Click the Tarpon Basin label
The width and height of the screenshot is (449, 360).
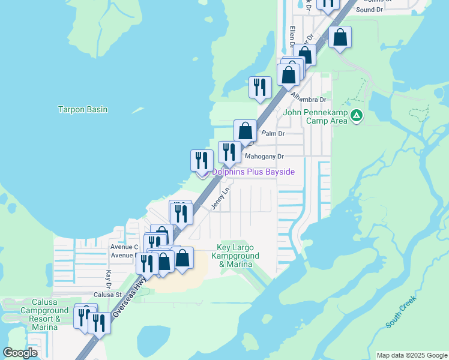pos(83,109)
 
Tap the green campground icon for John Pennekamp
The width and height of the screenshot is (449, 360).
pos(357,115)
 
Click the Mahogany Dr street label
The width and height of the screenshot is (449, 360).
pos(264,157)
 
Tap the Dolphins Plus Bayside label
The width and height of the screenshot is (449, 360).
pos(253,172)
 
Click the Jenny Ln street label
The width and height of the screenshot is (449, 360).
pos(221,199)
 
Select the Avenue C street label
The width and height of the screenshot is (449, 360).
pos(124,247)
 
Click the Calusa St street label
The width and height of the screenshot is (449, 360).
pos(107,295)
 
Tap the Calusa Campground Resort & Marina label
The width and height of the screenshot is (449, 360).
pos(41,314)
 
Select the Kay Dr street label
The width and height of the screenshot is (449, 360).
pos(109,278)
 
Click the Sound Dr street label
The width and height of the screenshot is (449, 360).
pos(369,10)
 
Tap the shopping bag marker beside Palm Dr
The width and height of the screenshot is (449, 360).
pos(245,131)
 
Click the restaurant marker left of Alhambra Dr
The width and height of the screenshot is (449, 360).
pos(260,87)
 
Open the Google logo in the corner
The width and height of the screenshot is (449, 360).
pos(20,353)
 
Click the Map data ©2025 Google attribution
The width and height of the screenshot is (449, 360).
pos(411,355)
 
